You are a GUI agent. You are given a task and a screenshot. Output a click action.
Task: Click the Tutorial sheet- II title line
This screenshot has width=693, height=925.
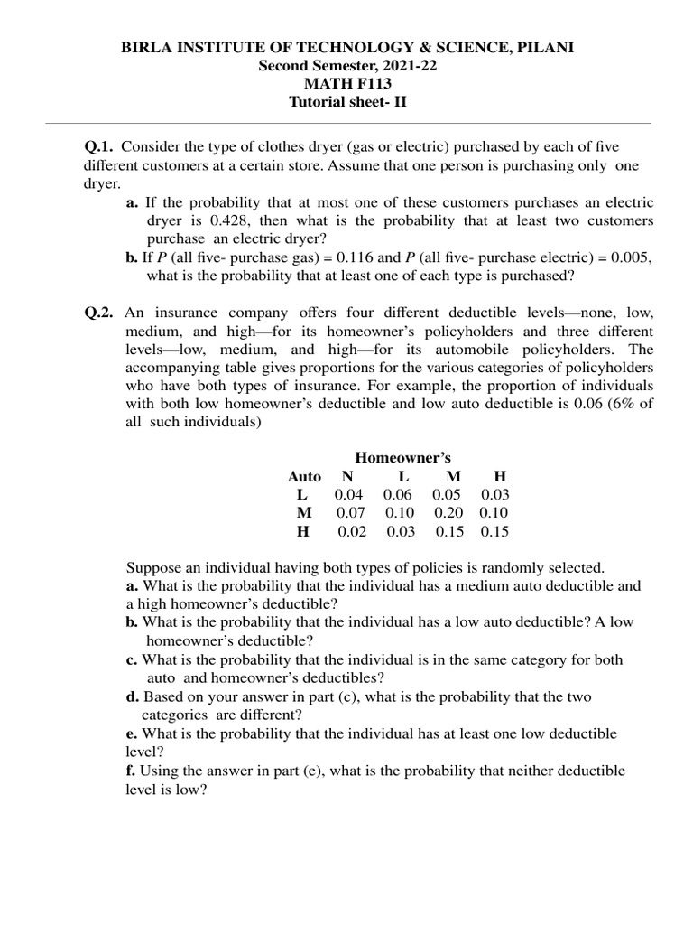(347, 102)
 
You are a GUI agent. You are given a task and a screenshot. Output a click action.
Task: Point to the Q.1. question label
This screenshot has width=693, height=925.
(100, 146)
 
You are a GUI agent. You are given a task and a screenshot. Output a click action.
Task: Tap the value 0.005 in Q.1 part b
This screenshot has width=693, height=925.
(630, 257)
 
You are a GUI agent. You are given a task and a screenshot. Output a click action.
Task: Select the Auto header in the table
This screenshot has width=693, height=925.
(304, 476)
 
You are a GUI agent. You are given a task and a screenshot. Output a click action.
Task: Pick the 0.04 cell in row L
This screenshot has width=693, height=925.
(349, 494)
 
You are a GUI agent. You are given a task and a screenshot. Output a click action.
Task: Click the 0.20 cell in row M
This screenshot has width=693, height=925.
(449, 512)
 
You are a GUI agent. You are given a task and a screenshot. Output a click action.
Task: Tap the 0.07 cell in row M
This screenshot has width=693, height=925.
(351, 512)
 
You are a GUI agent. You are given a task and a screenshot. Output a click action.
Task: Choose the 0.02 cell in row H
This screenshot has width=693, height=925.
(352, 531)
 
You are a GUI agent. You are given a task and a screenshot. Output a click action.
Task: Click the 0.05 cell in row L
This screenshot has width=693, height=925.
(448, 494)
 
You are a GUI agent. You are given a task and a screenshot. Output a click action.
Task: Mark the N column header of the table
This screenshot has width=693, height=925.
(347, 476)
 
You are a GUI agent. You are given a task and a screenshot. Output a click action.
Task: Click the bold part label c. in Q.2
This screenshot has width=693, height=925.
(132, 659)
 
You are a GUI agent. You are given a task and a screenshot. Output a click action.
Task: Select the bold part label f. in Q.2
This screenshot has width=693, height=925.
(131, 771)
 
